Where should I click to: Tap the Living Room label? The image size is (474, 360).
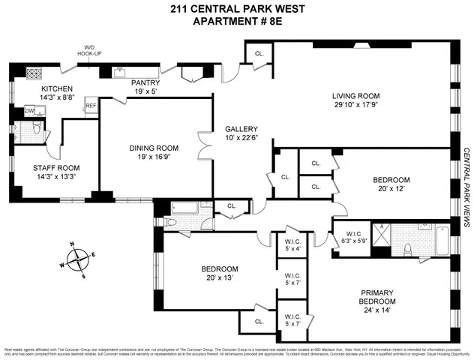pyautogui.click(x=356, y=96)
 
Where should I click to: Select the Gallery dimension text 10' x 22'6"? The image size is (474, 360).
pyautogui.click(x=241, y=138)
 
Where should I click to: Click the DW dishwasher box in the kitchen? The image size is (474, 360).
pyautogui.click(x=29, y=110)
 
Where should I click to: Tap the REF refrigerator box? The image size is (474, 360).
pyautogui.click(x=91, y=106)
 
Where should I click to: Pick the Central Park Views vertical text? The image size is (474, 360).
pyautogui.click(x=466, y=187)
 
